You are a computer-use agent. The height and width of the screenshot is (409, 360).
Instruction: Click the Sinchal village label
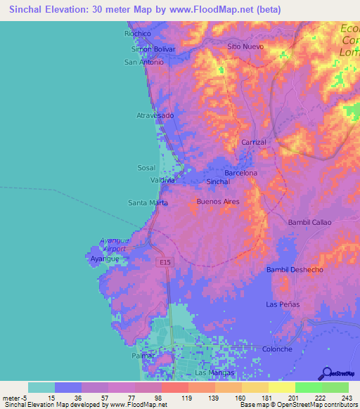click(219, 182)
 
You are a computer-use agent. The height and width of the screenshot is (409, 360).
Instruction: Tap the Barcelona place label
click(240, 173)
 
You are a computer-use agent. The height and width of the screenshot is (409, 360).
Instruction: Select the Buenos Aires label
click(218, 202)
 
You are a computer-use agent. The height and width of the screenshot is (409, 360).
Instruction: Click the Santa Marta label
click(148, 203)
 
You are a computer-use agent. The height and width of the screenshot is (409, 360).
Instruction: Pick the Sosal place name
click(146, 168)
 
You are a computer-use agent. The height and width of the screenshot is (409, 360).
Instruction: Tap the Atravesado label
click(155, 115)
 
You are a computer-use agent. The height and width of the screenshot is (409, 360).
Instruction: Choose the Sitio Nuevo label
click(245, 46)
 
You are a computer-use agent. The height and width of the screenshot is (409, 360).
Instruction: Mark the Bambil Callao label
click(309, 222)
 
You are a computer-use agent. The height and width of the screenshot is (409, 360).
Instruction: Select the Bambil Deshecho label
click(295, 270)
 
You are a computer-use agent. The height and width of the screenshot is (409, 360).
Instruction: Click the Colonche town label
click(277, 349)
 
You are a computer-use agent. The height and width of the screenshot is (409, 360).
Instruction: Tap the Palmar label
click(142, 356)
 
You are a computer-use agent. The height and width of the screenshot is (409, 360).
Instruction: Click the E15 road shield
click(164, 262)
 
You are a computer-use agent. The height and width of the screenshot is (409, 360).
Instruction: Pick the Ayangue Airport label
click(114, 245)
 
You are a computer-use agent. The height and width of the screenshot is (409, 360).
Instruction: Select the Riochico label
click(138, 33)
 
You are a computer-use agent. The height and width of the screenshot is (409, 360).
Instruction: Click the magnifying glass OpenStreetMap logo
click(327, 373)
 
